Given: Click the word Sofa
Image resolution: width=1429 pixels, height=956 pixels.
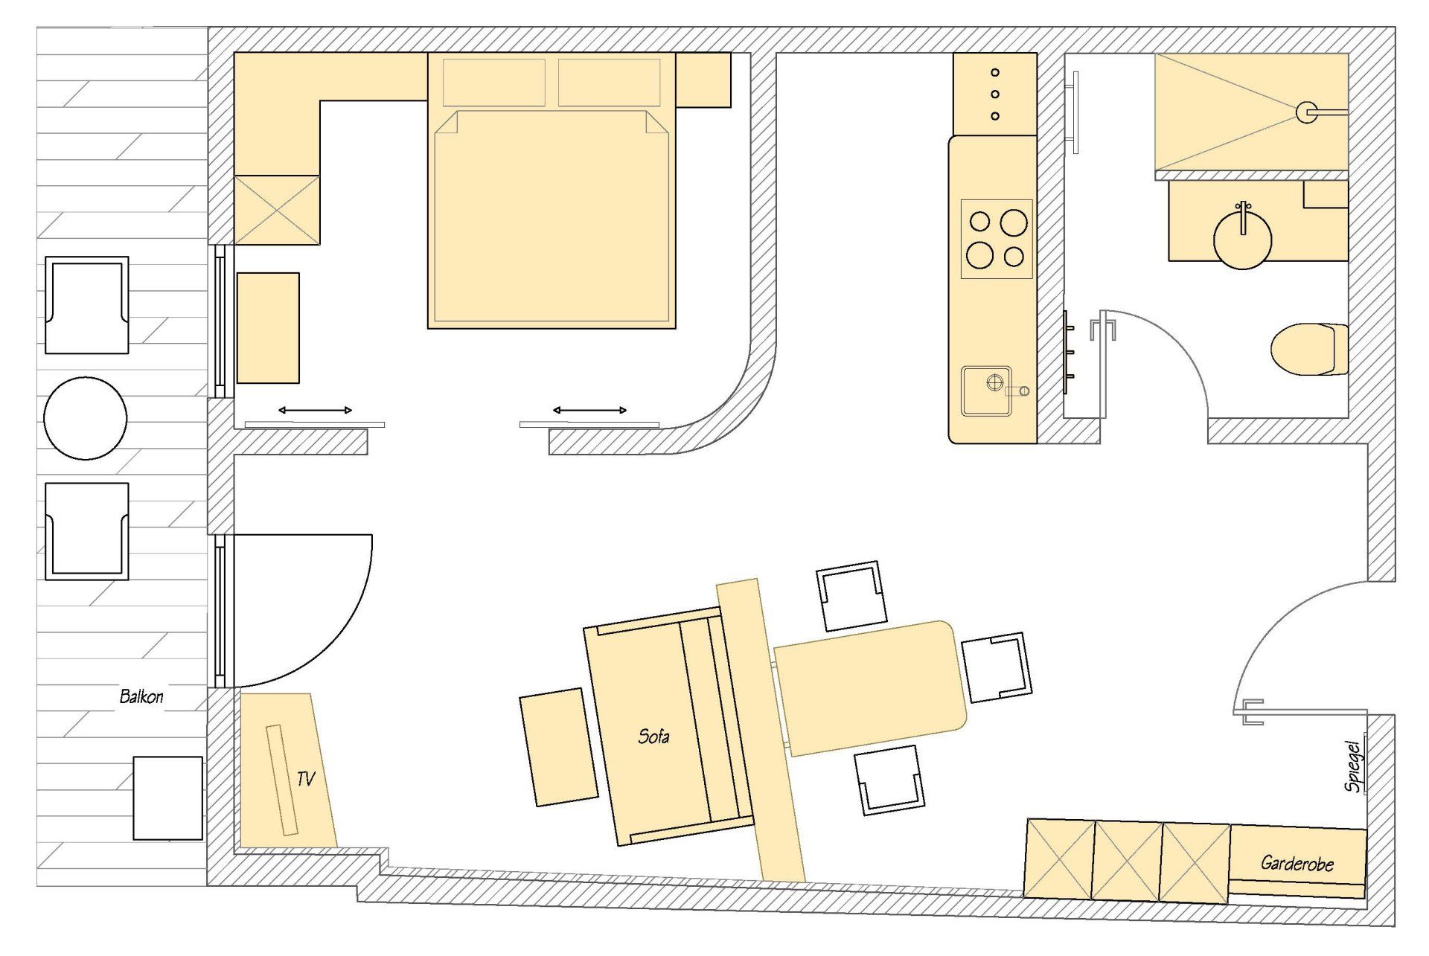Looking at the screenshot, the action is (x=653, y=737).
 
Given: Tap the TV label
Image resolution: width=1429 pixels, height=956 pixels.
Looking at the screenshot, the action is (x=306, y=779).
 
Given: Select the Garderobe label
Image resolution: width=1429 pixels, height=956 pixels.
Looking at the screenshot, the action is (x=1297, y=863).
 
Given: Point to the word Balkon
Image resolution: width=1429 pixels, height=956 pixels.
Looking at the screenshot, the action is (x=141, y=696).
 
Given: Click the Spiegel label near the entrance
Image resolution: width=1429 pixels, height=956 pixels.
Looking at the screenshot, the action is (x=1354, y=766).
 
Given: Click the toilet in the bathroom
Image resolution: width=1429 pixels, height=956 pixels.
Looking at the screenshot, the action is (x=1309, y=349).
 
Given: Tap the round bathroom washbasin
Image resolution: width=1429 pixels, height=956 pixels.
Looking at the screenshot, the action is (x=1242, y=238).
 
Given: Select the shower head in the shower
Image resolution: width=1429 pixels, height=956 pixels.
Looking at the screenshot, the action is (x=1306, y=112).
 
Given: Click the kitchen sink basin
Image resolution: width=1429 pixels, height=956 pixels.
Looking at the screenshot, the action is (x=986, y=390).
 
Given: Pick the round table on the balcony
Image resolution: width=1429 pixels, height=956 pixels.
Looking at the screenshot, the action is (x=86, y=418).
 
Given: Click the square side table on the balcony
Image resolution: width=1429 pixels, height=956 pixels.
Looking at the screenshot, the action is (x=167, y=798).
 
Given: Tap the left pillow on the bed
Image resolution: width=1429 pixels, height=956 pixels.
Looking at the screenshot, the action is (x=494, y=82).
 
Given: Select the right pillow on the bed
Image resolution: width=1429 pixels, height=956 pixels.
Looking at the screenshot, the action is (x=609, y=82).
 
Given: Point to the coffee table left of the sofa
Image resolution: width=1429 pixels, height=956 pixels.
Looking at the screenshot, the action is (x=558, y=746).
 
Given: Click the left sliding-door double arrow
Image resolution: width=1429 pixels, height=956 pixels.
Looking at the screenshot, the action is (x=315, y=410).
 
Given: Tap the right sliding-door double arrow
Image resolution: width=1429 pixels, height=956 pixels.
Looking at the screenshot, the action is (x=589, y=410).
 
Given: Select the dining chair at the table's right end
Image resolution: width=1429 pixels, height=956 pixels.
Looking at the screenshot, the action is (x=997, y=667).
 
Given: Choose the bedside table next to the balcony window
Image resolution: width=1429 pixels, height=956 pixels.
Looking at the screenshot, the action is (x=268, y=327).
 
